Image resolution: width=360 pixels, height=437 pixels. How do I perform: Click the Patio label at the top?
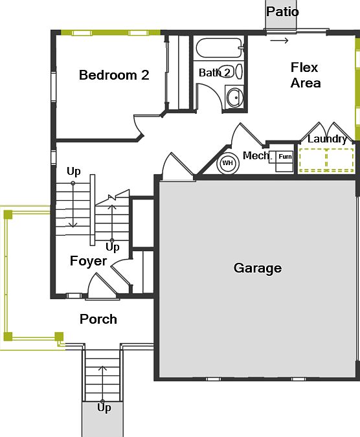pyautogui.click(x=283, y=12)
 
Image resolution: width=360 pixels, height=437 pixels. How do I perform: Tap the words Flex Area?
pyautogui.click(x=305, y=75)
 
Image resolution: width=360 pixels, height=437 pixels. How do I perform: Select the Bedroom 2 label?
pyautogui.click(x=114, y=75)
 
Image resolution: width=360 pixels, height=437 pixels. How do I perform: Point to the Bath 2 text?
pyautogui.click(x=214, y=73)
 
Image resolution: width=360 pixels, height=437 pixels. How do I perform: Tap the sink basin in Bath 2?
pyautogui.click(x=234, y=98)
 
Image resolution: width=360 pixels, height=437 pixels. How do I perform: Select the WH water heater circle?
pyautogui.click(x=227, y=163)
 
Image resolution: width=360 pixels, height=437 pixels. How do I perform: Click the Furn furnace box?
pyautogui.click(x=284, y=157)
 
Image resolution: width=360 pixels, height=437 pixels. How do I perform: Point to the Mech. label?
pyautogui.click(x=255, y=155)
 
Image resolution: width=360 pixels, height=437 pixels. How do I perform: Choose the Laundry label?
pyautogui.click(x=327, y=139)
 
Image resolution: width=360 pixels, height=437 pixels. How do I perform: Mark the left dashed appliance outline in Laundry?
pyautogui.click(x=311, y=159)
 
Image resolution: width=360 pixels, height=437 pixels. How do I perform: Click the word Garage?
pyautogui.click(x=258, y=268)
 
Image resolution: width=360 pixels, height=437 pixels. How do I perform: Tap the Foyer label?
pyautogui.click(x=88, y=261)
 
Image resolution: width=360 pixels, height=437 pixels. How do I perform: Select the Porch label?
pyautogui.click(x=98, y=319)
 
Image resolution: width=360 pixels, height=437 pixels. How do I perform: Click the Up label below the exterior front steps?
pyautogui.click(x=104, y=408)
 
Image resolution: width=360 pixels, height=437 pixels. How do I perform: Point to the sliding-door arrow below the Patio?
pyautogui.click(x=280, y=41)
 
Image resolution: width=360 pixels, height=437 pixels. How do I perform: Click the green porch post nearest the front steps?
pyautogui.click(x=59, y=336)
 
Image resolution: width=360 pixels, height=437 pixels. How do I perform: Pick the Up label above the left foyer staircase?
pyautogui.click(x=74, y=172)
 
